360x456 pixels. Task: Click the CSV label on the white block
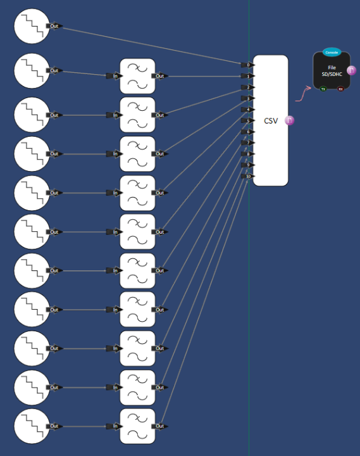point(271,120)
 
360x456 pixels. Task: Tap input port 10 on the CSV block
point(247,176)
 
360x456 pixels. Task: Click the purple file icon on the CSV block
point(290,120)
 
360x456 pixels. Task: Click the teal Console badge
point(332,52)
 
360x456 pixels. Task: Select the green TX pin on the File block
point(323,89)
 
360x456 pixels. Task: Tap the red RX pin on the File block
point(340,89)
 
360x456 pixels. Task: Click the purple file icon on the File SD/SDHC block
point(352,70)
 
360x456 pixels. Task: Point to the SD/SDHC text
point(332,74)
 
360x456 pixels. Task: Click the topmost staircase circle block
point(32,26)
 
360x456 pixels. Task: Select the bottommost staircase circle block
point(32,426)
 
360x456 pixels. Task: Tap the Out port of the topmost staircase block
point(54,26)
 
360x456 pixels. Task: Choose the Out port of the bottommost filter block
point(160,426)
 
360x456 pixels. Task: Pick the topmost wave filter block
point(138,76)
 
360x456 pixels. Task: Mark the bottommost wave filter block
point(138,426)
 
